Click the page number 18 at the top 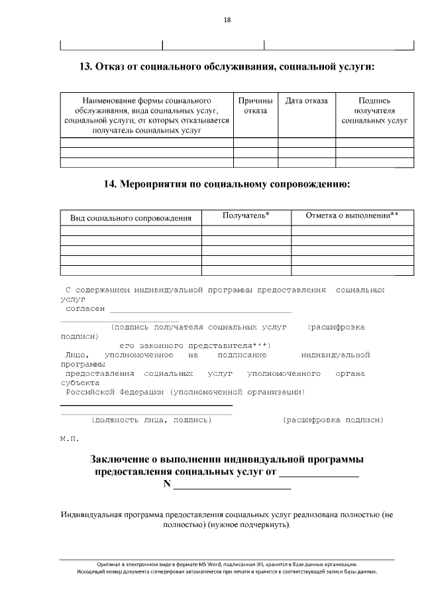click(x=227, y=20)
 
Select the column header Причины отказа click(x=255, y=105)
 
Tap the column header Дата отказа click(x=306, y=101)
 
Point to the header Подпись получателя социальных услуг click(x=374, y=111)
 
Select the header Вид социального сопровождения click(x=131, y=217)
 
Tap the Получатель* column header click(x=246, y=215)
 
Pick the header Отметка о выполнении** click(x=352, y=215)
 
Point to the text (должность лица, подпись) click(x=151, y=420)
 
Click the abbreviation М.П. click(x=69, y=440)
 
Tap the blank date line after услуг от click(x=319, y=475)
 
